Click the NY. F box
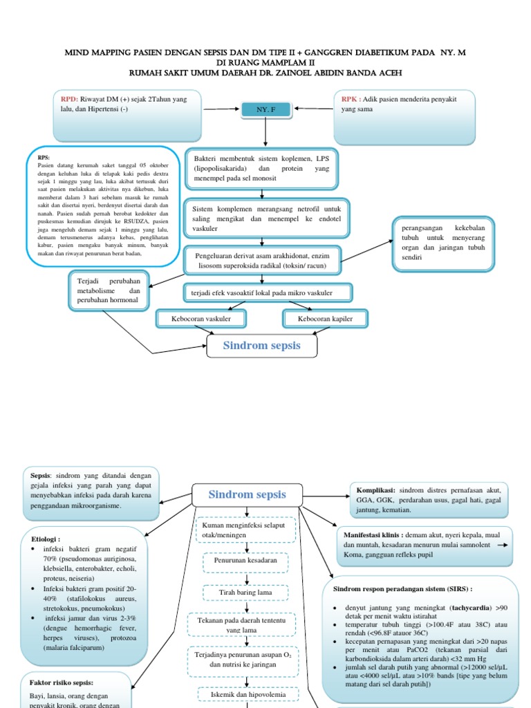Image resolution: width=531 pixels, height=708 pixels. [261, 110]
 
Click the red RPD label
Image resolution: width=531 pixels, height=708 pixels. [70, 100]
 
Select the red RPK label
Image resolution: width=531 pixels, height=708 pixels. [348, 100]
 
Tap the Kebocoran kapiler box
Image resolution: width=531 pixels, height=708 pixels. [325, 319]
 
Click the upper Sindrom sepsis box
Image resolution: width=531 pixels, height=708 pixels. [261, 346]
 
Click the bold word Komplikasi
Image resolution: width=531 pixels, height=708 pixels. [375, 487]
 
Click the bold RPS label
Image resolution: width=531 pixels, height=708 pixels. [44, 158]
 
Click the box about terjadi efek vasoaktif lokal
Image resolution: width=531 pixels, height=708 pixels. [261, 293]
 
